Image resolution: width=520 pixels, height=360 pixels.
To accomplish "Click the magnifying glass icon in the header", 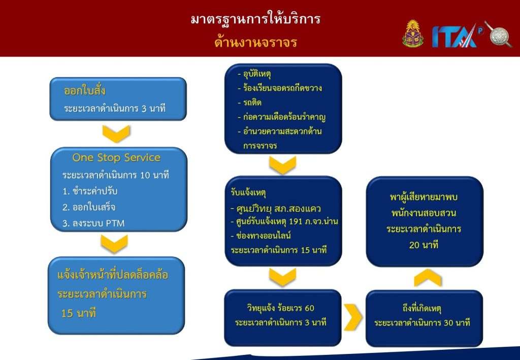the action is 499,35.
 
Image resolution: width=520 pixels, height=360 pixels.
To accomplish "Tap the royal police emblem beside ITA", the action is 412,34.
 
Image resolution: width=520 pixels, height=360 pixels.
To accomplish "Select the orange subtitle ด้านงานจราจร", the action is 256,43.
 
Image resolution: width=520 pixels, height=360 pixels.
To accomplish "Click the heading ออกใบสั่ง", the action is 85,90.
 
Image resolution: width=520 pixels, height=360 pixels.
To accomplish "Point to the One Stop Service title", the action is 116,157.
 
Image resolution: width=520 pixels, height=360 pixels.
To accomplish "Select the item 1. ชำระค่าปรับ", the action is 90,191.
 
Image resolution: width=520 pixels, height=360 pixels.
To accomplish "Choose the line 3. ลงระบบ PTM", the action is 93,223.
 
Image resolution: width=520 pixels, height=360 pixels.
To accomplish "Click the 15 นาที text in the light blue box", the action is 79,313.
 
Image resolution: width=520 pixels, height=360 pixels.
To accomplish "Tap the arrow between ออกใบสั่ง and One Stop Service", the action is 116,134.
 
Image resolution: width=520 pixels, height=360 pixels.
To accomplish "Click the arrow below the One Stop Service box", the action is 114,244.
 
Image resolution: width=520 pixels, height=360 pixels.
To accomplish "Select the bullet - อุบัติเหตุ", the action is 254,74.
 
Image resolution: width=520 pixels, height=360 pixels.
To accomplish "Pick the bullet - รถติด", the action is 250,103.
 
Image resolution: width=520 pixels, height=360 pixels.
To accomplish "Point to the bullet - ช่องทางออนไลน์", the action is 261,236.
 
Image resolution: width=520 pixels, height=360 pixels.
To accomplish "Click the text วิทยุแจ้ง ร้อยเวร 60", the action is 280,308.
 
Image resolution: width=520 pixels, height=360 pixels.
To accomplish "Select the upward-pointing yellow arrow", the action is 428,278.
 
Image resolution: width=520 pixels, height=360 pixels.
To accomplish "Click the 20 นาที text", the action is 424,245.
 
